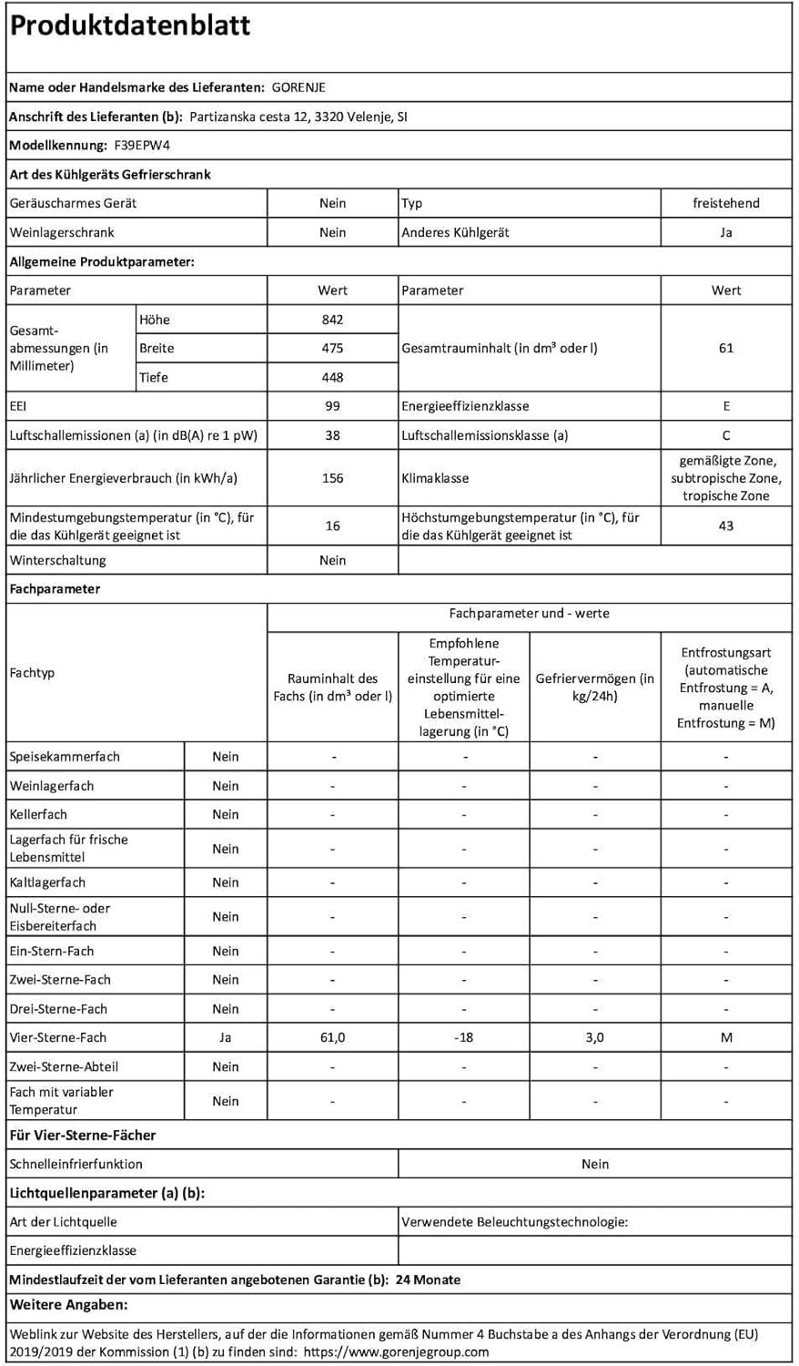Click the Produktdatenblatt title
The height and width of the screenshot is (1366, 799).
pos(129,26)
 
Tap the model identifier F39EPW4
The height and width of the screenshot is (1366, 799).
pos(142,146)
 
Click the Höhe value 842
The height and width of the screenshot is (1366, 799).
pos(332,320)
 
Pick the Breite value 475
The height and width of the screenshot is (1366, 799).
pos(332,348)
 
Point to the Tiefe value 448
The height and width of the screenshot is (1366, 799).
pos(332,377)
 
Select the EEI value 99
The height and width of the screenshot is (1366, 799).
pos(332,406)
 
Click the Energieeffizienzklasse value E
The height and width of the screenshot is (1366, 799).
pos(725,406)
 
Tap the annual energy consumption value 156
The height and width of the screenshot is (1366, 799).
pos(332,478)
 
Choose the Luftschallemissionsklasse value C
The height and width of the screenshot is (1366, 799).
pos(725,435)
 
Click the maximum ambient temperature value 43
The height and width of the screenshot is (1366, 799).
pos(725,525)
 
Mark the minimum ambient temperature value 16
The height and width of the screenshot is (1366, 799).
pos(332,525)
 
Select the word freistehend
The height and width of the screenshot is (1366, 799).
pos(725,203)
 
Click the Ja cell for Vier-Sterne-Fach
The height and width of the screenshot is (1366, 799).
pos(226,1037)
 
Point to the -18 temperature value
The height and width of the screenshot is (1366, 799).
pos(463,1037)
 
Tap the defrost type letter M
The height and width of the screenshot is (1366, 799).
pos(725,1037)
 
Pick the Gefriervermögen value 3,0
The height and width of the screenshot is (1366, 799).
pos(594,1037)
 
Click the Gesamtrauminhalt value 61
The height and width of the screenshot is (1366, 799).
pos(725,348)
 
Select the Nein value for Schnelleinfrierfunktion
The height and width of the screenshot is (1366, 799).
pos(594,1164)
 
